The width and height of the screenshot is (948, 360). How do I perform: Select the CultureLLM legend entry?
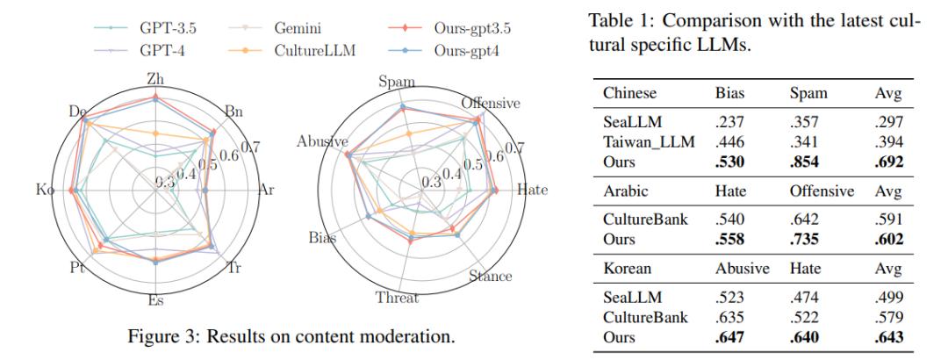pyautogui.click(x=293, y=50)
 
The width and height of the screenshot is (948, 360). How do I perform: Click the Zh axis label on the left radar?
pyautogui.click(x=155, y=79)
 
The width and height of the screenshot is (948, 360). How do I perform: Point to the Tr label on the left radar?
pyautogui.click(x=233, y=268)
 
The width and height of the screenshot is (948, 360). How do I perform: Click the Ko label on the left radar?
pyautogui.click(x=44, y=191)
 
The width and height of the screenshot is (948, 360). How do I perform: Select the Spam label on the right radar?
pyautogui.click(x=397, y=81)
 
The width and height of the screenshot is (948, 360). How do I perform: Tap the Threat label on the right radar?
pyautogui.click(x=397, y=298)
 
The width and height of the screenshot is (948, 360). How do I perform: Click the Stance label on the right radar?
pyautogui.click(x=491, y=277)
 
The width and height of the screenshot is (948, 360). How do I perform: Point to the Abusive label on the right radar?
pyautogui.click(x=322, y=141)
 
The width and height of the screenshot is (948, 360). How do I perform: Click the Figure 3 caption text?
pyautogui.click(x=291, y=336)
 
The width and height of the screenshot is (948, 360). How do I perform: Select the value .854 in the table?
pyautogui.click(x=803, y=162)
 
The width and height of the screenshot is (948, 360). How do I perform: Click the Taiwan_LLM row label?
pyautogui.click(x=649, y=143)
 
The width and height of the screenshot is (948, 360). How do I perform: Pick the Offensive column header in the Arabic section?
pyautogui.click(x=822, y=191)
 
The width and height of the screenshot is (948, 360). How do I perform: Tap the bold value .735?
pyautogui.click(x=803, y=239)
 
